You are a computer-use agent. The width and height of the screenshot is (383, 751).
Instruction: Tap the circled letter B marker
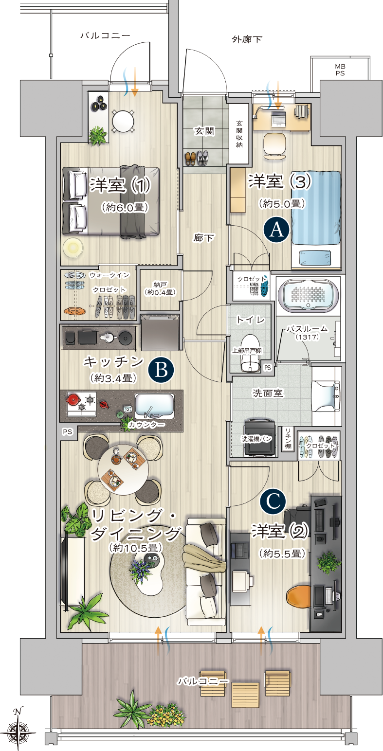(x=161, y=370)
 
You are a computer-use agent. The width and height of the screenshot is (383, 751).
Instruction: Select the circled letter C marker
(x=273, y=501)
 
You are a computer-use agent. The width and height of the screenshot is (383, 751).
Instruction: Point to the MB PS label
(x=340, y=70)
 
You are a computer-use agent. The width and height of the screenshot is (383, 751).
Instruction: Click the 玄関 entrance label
(x=204, y=131)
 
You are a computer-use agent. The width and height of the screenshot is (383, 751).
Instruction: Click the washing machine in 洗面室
(x=260, y=438)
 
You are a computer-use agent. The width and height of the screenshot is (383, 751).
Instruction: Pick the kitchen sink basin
(x=154, y=406)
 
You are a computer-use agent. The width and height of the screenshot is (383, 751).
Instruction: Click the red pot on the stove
(x=73, y=399)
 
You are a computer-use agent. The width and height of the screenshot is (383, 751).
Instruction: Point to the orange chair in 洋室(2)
(x=299, y=597)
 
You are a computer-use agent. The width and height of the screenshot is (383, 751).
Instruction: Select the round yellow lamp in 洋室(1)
(x=73, y=248)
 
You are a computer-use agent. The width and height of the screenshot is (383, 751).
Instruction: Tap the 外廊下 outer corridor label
(x=247, y=39)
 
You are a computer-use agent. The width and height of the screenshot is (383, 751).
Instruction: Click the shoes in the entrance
(x=197, y=158)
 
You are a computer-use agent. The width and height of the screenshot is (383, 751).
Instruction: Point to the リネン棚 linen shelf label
(x=288, y=438)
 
